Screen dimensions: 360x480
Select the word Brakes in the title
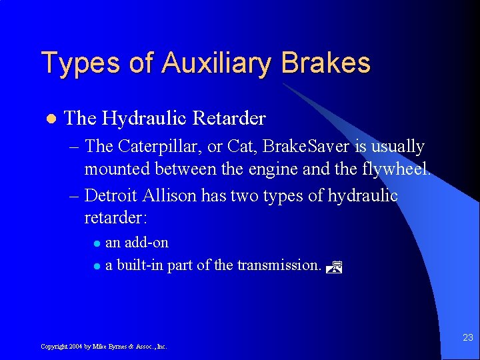(325, 63)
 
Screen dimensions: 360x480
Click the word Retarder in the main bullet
(229, 119)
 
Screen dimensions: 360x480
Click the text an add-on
(137, 243)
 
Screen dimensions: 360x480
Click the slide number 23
(467, 338)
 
